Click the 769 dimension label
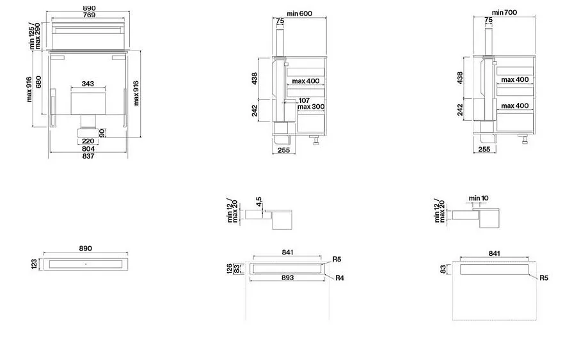coord(89,15)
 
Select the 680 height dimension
coord(38,82)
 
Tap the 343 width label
coord(88,84)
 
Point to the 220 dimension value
coord(88,141)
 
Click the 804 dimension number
coord(88,149)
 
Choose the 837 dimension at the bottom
coord(88,156)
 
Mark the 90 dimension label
coord(102,133)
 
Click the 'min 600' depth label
coord(299,13)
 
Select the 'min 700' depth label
coord(504,12)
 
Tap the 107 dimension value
coord(304,100)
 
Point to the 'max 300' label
coord(311,107)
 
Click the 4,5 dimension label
coord(258,201)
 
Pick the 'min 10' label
coord(479,198)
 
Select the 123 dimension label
coord(34,264)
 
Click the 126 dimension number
coord(230,269)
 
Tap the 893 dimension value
coord(287,278)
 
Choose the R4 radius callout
coord(340,278)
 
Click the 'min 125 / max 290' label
coord(35,36)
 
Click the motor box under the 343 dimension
coord(88,103)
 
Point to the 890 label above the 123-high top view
coord(86,248)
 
